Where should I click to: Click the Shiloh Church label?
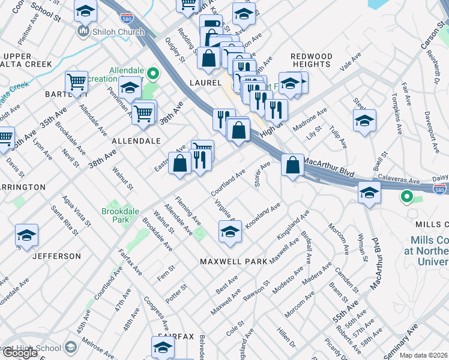[118, 32]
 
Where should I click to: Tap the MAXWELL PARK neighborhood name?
[233, 262]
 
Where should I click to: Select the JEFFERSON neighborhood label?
[56, 256]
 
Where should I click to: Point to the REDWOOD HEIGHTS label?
[312, 61]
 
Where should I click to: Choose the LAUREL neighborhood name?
[206, 83]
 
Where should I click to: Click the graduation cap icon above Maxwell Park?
[230, 233]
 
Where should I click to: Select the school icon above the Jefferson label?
[26, 236]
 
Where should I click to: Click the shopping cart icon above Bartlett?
[76, 82]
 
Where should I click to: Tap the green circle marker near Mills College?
[407, 196]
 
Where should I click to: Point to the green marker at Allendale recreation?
[153, 75]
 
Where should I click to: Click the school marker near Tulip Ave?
[364, 121]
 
